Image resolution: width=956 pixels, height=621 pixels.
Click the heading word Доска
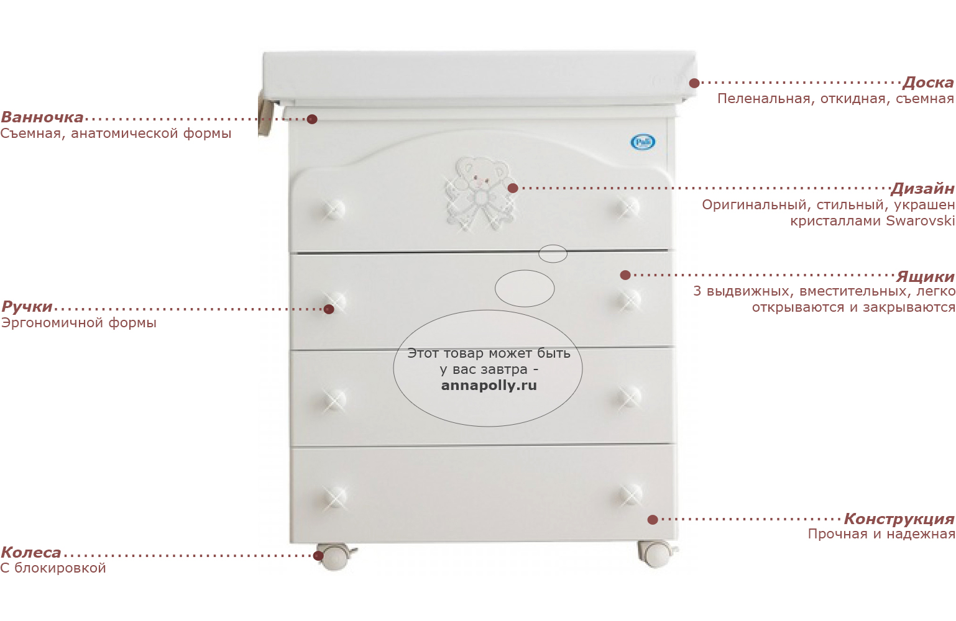pyautogui.click(x=928, y=83)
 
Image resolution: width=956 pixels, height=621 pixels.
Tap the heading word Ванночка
pyautogui.click(x=42, y=117)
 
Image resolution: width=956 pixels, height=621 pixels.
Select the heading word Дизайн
pyautogui.click(x=922, y=189)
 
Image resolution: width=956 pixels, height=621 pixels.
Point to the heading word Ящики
pyautogui.click(x=925, y=277)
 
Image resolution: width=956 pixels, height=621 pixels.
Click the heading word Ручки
pyautogui.click(x=27, y=307)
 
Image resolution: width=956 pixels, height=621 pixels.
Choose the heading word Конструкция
pyautogui.click(x=899, y=519)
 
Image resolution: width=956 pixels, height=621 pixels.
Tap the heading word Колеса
pyautogui.click(x=30, y=553)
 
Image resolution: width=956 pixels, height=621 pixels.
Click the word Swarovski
pyautogui.click(x=920, y=221)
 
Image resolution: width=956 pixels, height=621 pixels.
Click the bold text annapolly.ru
pyautogui.click(x=489, y=386)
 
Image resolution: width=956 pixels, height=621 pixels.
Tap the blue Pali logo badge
pyautogui.click(x=643, y=142)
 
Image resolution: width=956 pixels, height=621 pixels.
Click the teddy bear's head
pyautogui.click(x=481, y=172)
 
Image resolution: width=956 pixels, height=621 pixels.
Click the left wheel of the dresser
pyautogui.click(x=335, y=556)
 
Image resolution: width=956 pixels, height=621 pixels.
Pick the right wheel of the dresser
pyautogui.click(x=656, y=553)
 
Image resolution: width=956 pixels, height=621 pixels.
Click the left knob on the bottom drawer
pyautogui.click(x=334, y=497)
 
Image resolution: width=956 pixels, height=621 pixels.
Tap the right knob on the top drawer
pyautogui.click(x=628, y=208)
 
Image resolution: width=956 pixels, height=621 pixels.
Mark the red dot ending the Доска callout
pyautogui.click(x=694, y=83)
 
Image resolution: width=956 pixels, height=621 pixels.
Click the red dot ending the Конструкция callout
pyautogui.click(x=652, y=520)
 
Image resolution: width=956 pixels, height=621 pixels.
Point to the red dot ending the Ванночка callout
pyautogui.click(x=312, y=119)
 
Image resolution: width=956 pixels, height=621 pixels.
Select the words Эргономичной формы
pyautogui.click(x=78, y=323)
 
